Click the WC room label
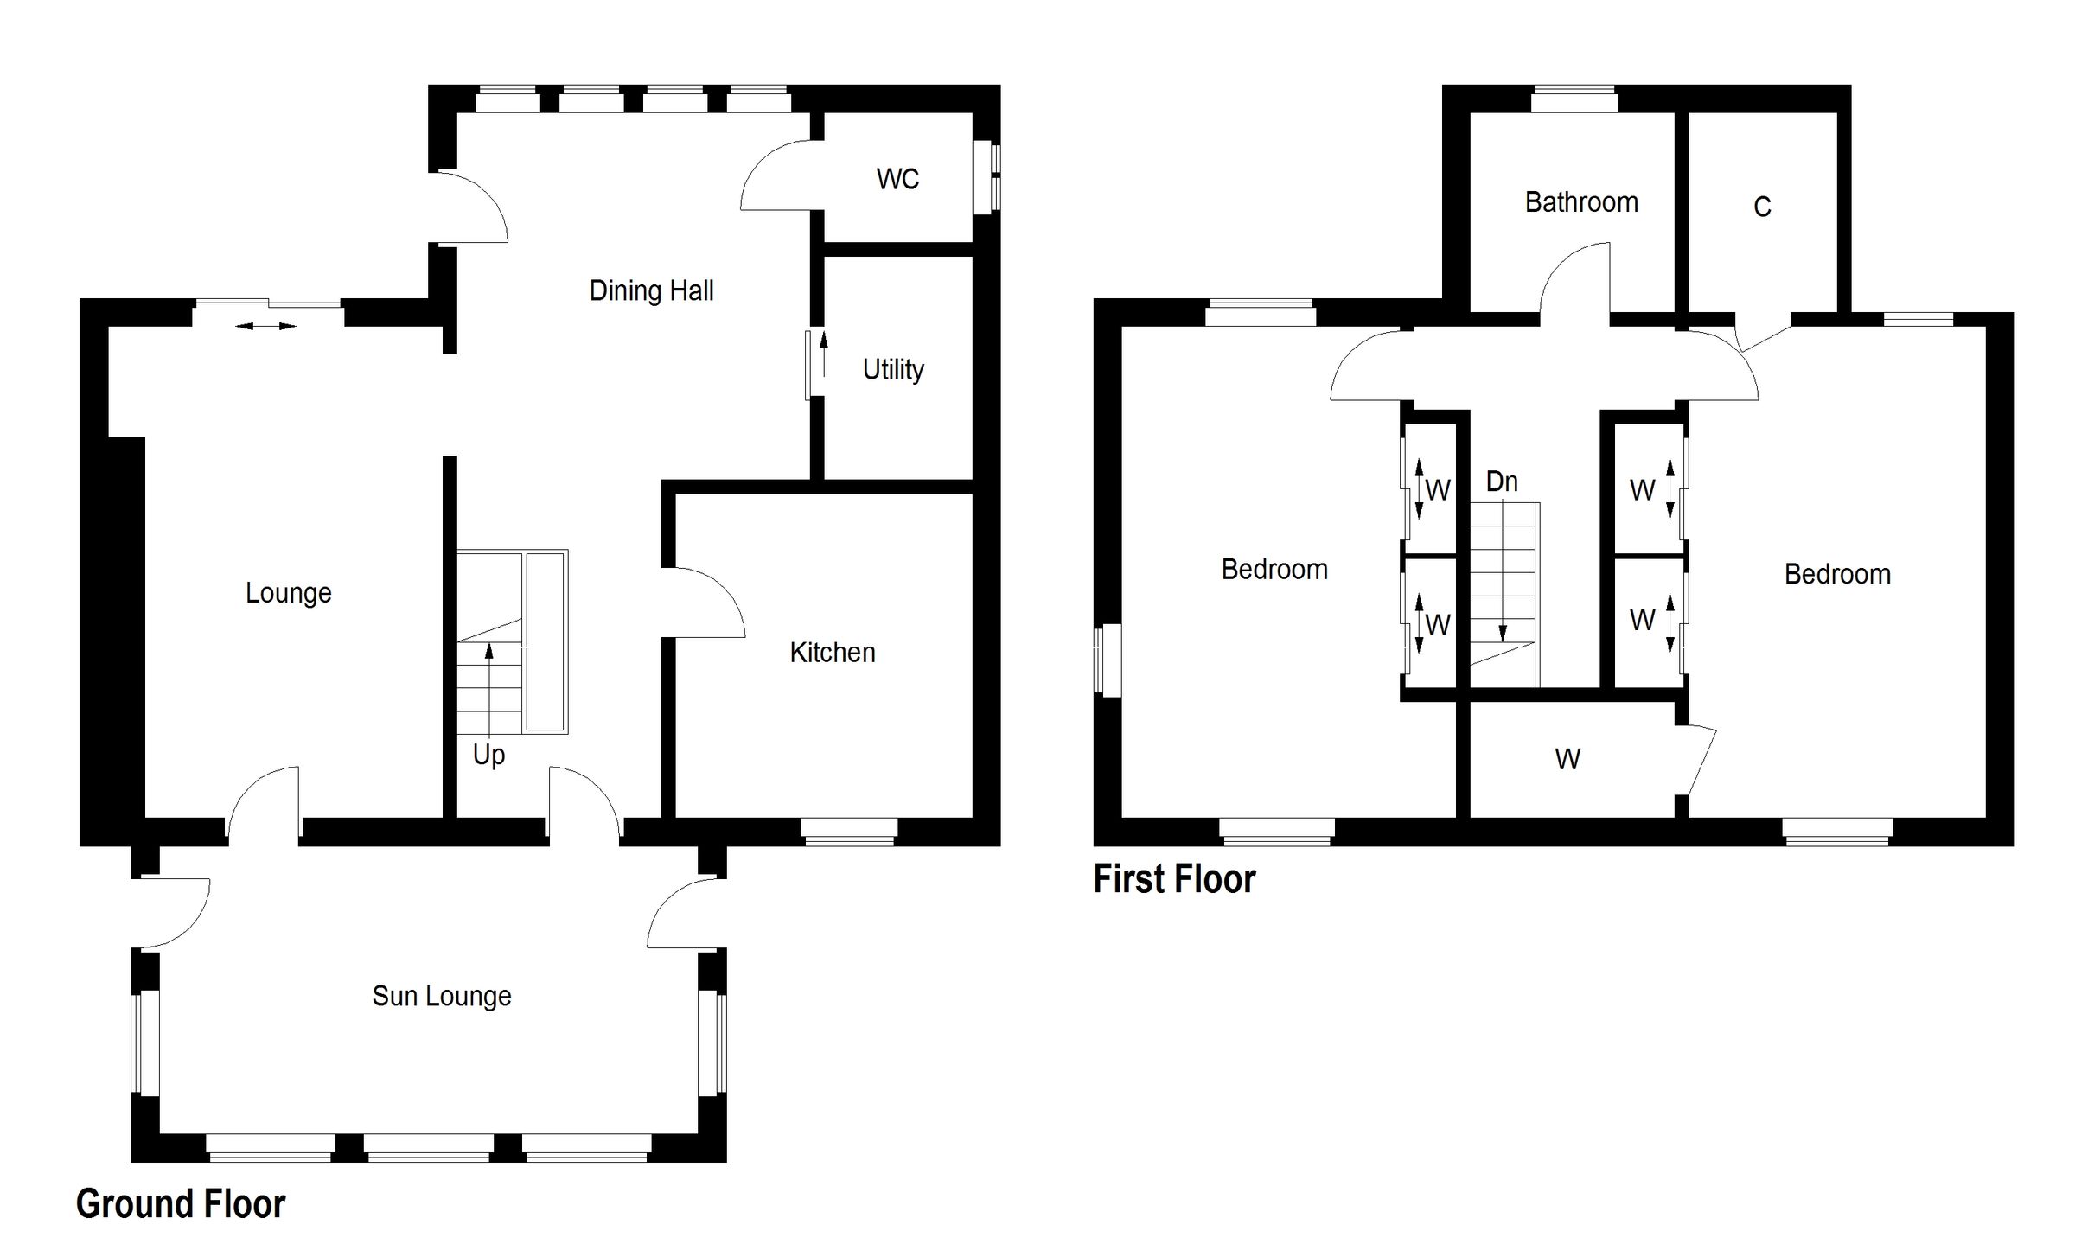pyautogui.click(x=897, y=179)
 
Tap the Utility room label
pyautogui.click(x=893, y=370)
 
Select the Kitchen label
pyautogui.click(x=832, y=653)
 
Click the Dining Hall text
pyautogui.click(x=651, y=290)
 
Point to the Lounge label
pyautogui.click(x=288, y=593)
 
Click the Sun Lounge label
pyautogui.click(x=441, y=996)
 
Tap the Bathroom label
pyautogui.click(x=1580, y=202)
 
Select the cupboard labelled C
pyautogui.click(x=1762, y=207)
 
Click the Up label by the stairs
pyautogui.click(x=488, y=755)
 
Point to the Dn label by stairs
pyautogui.click(x=1502, y=482)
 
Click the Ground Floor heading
pyautogui.click(x=181, y=1203)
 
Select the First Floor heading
pyautogui.click(x=1173, y=878)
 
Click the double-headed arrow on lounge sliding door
pyautogui.click(x=265, y=326)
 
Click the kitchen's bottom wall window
pyautogui.click(x=848, y=830)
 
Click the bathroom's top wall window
pyautogui.click(x=1574, y=99)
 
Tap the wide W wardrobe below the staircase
pyautogui.click(x=1567, y=759)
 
